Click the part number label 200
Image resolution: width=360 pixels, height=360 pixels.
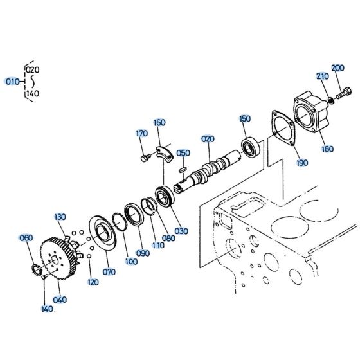click(337, 68)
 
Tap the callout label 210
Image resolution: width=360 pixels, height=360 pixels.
click(321, 77)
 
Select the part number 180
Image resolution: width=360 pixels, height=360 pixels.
click(327, 149)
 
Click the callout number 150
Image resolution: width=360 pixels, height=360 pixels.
click(245, 118)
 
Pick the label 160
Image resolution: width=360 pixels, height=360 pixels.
click(159, 122)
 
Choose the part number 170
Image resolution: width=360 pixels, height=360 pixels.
click(141, 134)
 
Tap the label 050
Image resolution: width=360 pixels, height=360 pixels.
click(183, 152)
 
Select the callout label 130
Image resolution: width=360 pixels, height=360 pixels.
click(60, 217)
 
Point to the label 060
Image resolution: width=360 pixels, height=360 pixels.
click(26, 238)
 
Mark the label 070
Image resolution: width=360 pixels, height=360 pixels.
click(109, 272)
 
